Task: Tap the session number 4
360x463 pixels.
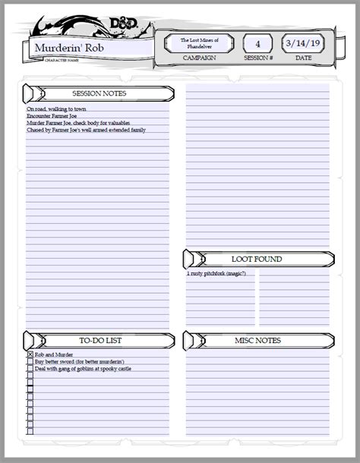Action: pos(257,43)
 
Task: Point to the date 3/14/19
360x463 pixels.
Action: pos(303,43)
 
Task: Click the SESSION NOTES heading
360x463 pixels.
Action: pos(99,93)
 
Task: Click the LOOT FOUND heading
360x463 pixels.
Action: pos(257,259)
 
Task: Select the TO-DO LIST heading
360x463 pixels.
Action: pos(99,341)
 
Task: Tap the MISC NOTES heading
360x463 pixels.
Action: pos(257,341)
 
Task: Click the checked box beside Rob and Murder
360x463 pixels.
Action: pos(30,354)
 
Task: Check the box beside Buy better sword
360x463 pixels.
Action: pos(30,362)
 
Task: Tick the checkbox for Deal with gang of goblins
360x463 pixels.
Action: pos(30,369)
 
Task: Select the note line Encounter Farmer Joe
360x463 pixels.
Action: pos(52,116)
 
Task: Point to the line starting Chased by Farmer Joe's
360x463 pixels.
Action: pos(86,130)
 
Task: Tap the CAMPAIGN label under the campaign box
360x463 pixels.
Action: pos(199,58)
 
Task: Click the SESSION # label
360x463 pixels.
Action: pos(257,58)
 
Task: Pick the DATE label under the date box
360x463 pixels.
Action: pos(303,58)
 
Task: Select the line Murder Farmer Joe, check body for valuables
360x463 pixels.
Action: pos(78,123)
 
